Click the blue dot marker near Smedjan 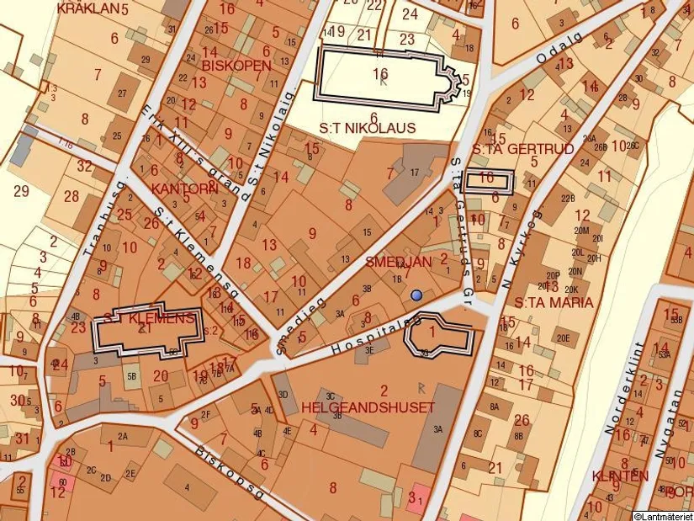(x=416, y=295)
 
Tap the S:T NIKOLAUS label (x=368, y=128)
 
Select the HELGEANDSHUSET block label (x=368, y=407)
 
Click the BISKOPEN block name (x=236, y=65)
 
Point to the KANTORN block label (x=184, y=188)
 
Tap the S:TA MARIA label (x=554, y=302)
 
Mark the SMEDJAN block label (x=398, y=262)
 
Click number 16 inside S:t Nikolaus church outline (x=380, y=74)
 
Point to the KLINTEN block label (x=620, y=476)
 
